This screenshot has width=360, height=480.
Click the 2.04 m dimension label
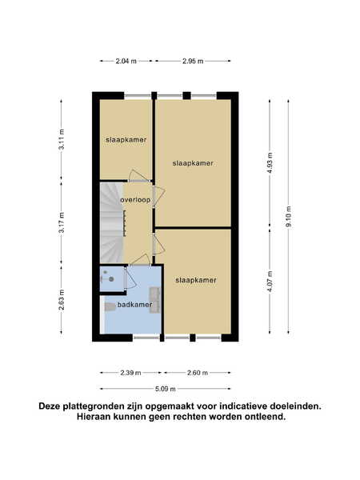pyautogui.click(x=126, y=62)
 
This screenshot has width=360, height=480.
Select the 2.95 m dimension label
pyautogui.click(x=193, y=62)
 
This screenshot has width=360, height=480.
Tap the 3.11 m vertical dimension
pyautogui.click(x=62, y=139)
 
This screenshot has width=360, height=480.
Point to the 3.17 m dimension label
pyautogui.click(x=62, y=222)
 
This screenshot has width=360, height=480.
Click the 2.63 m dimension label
pyautogui.click(x=62, y=300)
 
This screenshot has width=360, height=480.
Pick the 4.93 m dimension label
pyautogui.click(x=270, y=163)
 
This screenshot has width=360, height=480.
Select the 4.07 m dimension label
pyautogui.click(x=270, y=282)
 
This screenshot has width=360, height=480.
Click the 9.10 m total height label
pyautogui.click(x=288, y=217)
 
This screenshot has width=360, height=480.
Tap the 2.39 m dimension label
pyautogui.click(x=130, y=373)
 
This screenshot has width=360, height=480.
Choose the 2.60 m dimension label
pyautogui.click(x=198, y=373)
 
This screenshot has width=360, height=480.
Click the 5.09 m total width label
pyautogui.click(x=166, y=389)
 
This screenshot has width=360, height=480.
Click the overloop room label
pyautogui.click(x=135, y=200)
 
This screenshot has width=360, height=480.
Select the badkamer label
pyautogui.click(x=134, y=305)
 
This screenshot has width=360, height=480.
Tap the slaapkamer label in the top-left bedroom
pyautogui.click(x=126, y=140)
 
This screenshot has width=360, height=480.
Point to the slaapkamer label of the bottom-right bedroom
pyautogui.click(x=196, y=280)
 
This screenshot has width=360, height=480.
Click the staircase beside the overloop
pyautogui.click(x=112, y=222)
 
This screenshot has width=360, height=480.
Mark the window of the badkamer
pyautogui.click(x=146, y=338)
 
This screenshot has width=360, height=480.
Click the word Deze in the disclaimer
pyautogui.click(x=49, y=406)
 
